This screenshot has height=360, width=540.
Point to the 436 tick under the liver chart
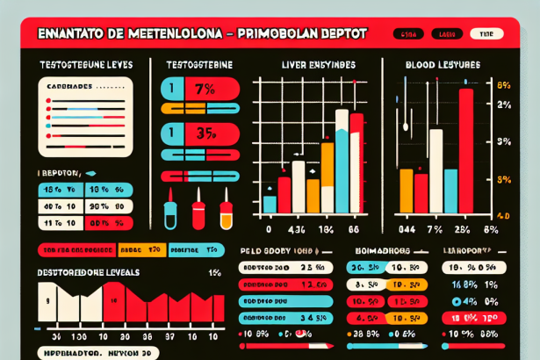coord(297,230)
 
